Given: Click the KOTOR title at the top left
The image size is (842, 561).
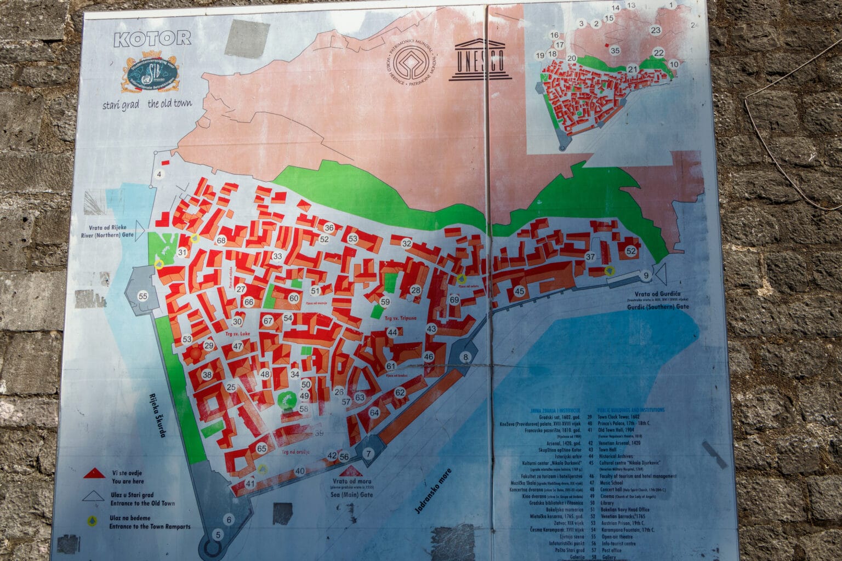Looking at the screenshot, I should click(x=152, y=38).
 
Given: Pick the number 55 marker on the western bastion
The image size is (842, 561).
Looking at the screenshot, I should click(x=143, y=296).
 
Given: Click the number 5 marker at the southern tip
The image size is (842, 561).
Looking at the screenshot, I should click(x=218, y=535).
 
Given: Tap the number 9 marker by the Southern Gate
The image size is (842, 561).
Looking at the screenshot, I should click(x=646, y=275).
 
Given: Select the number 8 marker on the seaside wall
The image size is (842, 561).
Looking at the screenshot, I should click(x=466, y=358).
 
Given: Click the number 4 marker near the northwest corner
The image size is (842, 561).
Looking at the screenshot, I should click(x=160, y=175).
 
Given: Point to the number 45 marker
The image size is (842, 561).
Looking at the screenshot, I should click(x=519, y=291).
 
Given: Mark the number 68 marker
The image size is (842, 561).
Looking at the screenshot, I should click(x=221, y=241).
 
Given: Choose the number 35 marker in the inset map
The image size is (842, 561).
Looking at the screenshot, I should click(x=615, y=50).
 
